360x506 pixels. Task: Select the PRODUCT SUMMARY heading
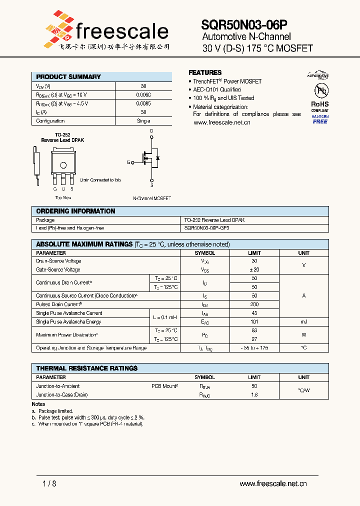pyautogui.click(x=68, y=77)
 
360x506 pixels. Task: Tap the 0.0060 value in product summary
pyautogui.click(x=143, y=94)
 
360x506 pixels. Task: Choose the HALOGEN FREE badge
pyautogui.click(x=320, y=119)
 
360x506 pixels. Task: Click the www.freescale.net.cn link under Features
pyautogui.click(x=221, y=122)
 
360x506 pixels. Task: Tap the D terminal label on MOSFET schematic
pyautogui.click(x=152, y=131)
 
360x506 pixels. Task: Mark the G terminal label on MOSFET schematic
pyautogui.click(x=128, y=162)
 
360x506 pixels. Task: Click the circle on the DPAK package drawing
pyautogui.click(x=63, y=165)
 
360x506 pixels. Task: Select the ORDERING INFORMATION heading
pyautogui.click(x=75, y=211)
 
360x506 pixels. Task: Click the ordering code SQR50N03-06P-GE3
pyautogui.click(x=207, y=228)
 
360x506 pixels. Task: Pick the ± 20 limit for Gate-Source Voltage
pyautogui.click(x=254, y=269)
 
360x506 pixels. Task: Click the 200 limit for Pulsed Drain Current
pyautogui.click(x=254, y=304)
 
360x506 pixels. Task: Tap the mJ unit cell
pyautogui.click(x=303, y=322)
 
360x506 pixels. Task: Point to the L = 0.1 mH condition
pyautogui.click(x=164, y=317)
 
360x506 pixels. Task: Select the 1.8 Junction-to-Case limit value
pyautogui.click(x=254, y=395)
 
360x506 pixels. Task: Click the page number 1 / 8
pyautogui.click(x=50, y=483)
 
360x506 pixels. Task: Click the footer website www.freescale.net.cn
pyautogui.click(x=273, y=483)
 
